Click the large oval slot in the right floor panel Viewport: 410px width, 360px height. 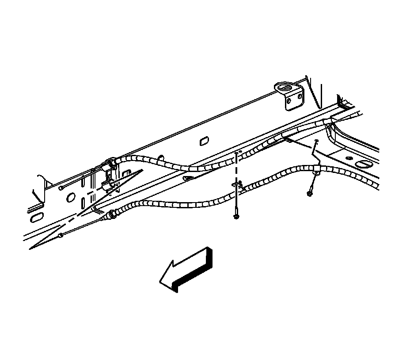[364, 164]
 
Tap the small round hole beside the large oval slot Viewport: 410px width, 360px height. [349, 158]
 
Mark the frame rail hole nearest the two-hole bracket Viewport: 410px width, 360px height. [205, 141]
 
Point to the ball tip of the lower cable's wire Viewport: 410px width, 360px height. [61, 235]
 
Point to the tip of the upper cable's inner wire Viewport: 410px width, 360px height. [60, 188]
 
